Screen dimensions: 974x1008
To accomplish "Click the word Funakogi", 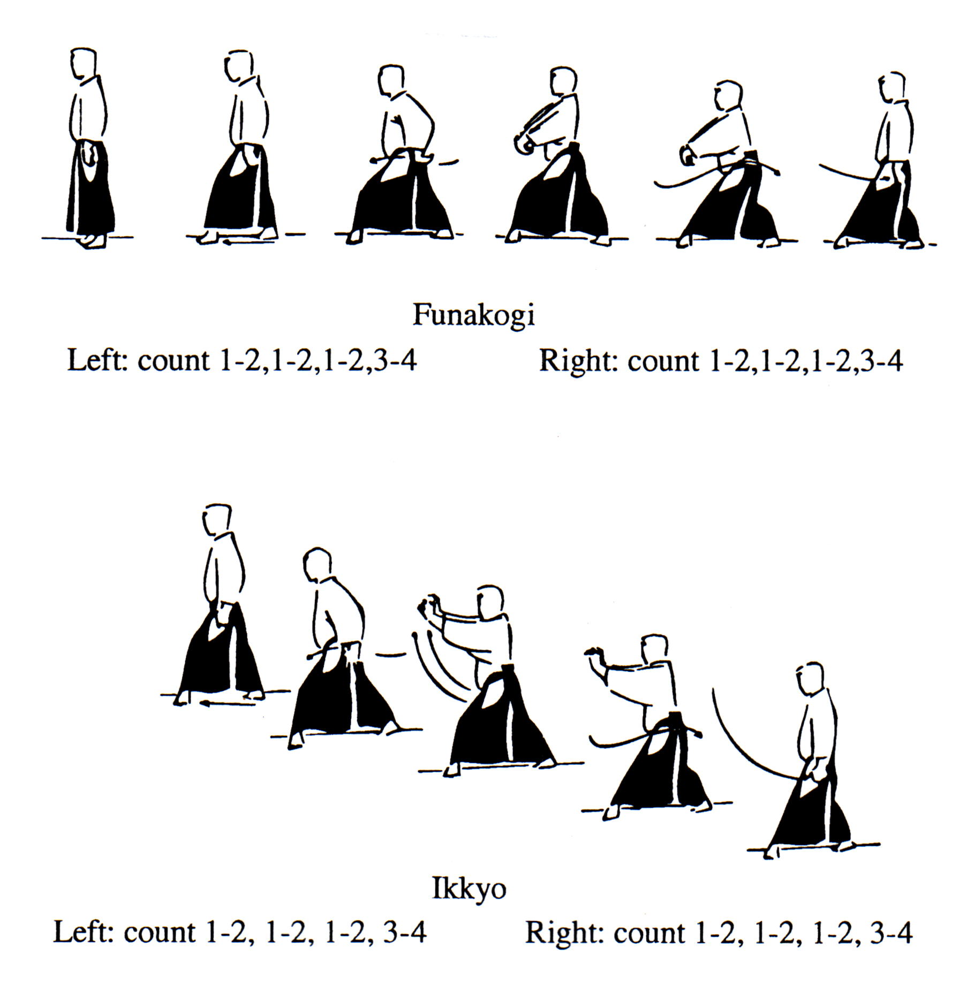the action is click(473, 316).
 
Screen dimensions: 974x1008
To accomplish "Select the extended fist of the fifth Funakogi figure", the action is click(687, 156).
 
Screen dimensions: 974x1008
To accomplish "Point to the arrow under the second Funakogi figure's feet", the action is click(248, 242).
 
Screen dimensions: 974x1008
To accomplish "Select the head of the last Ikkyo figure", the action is click(809, 679).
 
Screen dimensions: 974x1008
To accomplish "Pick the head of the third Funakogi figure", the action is click(391, 81).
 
